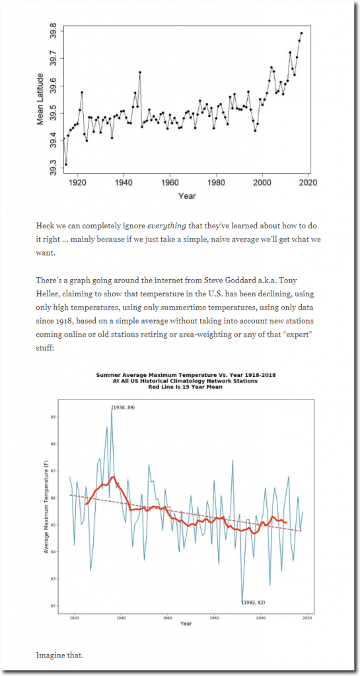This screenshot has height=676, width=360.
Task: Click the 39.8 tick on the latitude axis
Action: tap(52, 32)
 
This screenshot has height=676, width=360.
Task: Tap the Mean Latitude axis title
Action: tap(40, 99)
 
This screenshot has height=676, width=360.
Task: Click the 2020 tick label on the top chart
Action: tap(308, 182)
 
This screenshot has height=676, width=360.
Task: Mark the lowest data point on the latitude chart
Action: tap(66, 164)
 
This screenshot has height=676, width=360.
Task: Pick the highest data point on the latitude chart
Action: tap(301, 33)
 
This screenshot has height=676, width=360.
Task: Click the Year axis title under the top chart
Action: tap(187, 196)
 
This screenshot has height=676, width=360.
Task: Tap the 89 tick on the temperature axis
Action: tap(54, 417)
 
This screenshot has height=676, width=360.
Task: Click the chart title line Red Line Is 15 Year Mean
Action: tap(186, 387)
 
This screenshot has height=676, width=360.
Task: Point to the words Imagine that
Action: tap(59, 656)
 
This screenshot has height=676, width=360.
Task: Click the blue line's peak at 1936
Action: tap(112, 409)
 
